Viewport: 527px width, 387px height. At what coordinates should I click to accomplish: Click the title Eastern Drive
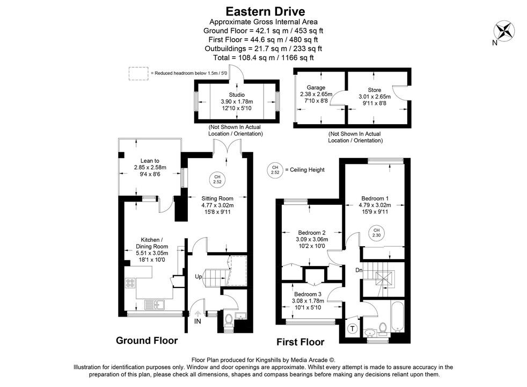coord(263,11)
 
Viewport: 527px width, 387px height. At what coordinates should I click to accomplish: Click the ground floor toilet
coord(228,320)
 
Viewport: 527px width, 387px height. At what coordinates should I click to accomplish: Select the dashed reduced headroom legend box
coord(138,73)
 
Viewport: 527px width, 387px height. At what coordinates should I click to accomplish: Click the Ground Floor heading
coord(147,340)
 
